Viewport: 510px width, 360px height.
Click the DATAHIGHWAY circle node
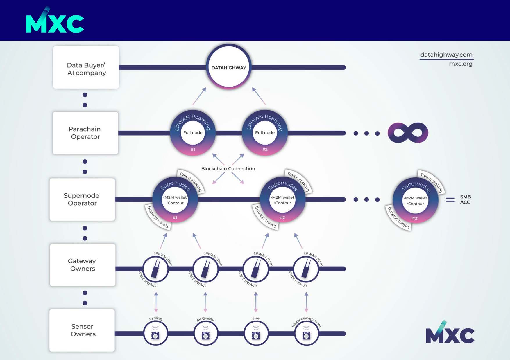tap(229, 67)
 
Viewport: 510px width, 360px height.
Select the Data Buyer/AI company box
tap(86, 67)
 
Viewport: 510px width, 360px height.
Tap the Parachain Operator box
tap(85, 133)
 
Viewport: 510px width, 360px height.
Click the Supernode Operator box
tap(82, 199)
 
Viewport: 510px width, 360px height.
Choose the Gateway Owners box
tap(83, 265)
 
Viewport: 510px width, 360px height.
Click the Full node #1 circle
tap(193, 133)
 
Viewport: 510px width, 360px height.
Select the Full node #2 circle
tap(265, 133)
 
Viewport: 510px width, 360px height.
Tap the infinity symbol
tap(408, 133)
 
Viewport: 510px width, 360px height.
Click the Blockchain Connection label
tap(228, 168)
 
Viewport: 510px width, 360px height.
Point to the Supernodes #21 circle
tap(416, 200)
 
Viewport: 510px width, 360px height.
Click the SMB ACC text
tap(465, 199)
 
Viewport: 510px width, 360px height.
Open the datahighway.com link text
tap(446, 55)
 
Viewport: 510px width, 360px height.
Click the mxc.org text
tap(461, 64)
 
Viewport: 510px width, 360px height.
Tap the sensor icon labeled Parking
tap(155, 334)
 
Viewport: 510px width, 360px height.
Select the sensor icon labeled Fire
tap(256, 334)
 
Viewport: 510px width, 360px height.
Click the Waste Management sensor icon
tap(306, 334)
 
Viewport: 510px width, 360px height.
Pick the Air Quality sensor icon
tap(205, 334)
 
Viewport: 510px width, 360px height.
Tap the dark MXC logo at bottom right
tap(450, 332)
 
